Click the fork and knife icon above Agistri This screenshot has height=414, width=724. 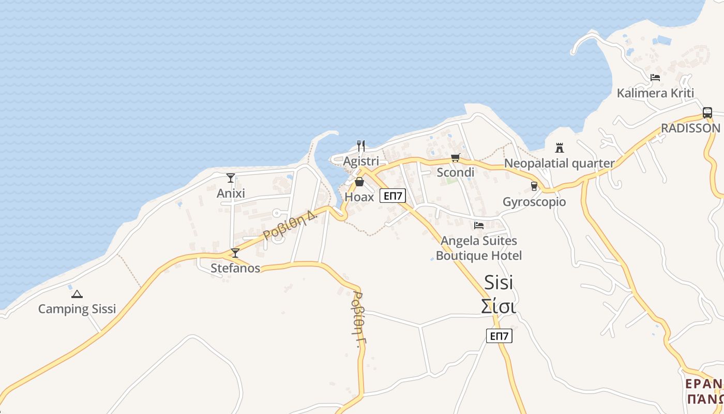(x=361, y=146)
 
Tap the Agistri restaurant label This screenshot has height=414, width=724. (x=361, y=161)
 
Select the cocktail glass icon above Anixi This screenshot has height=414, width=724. (x=231, y=178)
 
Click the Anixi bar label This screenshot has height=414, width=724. (x=231, y=193)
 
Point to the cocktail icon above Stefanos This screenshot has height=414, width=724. (x=235, y=253)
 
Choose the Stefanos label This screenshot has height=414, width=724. (x=235, y=268)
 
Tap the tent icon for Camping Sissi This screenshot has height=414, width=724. (x=77, y=294)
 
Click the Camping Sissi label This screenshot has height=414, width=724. (x=77, y=309)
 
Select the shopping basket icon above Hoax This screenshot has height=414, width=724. (x=359, y=182)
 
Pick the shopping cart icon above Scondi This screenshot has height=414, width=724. (x=455, y=158)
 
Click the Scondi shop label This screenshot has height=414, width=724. (x=455, y=172)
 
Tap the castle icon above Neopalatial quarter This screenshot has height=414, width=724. (x=559, y=148)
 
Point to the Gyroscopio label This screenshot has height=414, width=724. (x=534, y=201)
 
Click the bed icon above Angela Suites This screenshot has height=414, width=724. (x=479, y=225)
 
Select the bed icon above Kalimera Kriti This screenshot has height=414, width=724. (x=655, y=78)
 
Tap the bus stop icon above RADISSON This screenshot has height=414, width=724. (x=707, y=113)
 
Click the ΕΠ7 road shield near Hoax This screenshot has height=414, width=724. (x=393, y=196)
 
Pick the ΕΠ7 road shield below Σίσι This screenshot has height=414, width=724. (x=499, y=336)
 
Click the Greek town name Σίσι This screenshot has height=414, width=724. (x=499, y=306)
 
